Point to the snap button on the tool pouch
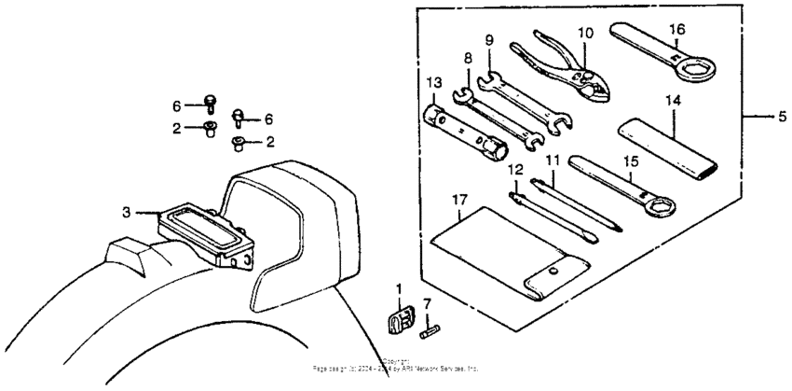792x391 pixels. coord(553,272)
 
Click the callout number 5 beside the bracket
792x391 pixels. coord(782,117)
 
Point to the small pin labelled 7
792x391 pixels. coord(431,329)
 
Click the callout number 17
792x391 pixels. coord(457,199)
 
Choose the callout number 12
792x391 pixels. coord(512,170)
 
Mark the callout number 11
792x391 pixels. coord(551,161)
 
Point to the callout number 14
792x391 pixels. coord(673,99)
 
